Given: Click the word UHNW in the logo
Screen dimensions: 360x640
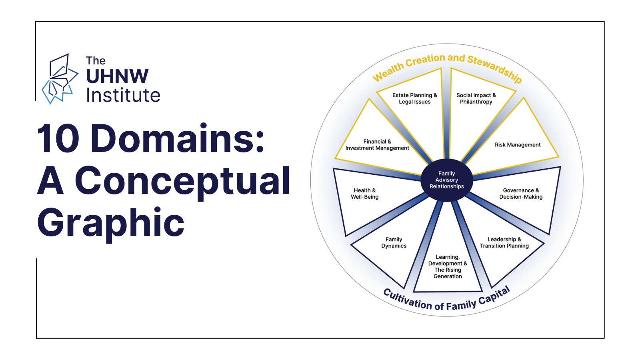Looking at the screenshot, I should [x=117, y=76].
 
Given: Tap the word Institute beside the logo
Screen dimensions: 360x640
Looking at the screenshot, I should [x=123, y=96].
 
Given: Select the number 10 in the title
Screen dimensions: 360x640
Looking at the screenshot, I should [x=58, y=139].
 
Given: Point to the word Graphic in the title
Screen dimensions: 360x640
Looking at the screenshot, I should [x=111, y=223].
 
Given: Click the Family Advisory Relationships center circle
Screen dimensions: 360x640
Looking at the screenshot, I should [x=447, y=180].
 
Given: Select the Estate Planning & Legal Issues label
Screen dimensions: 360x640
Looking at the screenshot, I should [x=414, y=98].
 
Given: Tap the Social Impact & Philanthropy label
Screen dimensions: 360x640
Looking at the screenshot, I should [x=476, y=98].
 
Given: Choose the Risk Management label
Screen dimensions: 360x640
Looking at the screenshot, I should [x=518, y=145].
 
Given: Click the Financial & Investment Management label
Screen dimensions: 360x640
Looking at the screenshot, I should [x=377, y=145].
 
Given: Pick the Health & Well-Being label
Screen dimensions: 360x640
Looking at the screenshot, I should [x=364, y=194].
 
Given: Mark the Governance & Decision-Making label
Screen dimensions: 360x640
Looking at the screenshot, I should [x=521, y=194].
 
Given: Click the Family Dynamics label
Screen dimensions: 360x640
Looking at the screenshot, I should [x=394, y=242].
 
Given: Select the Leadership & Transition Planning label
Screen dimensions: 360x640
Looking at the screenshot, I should [x=504, y=242].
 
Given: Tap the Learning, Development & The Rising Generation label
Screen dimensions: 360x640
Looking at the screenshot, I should [x=448, y=266].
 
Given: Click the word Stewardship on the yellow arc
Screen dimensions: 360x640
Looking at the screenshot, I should [x=495, y=68].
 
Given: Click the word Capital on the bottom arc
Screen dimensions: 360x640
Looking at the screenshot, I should [x=494, y=296].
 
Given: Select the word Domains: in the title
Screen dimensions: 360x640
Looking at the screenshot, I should [x=178, y=139].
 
